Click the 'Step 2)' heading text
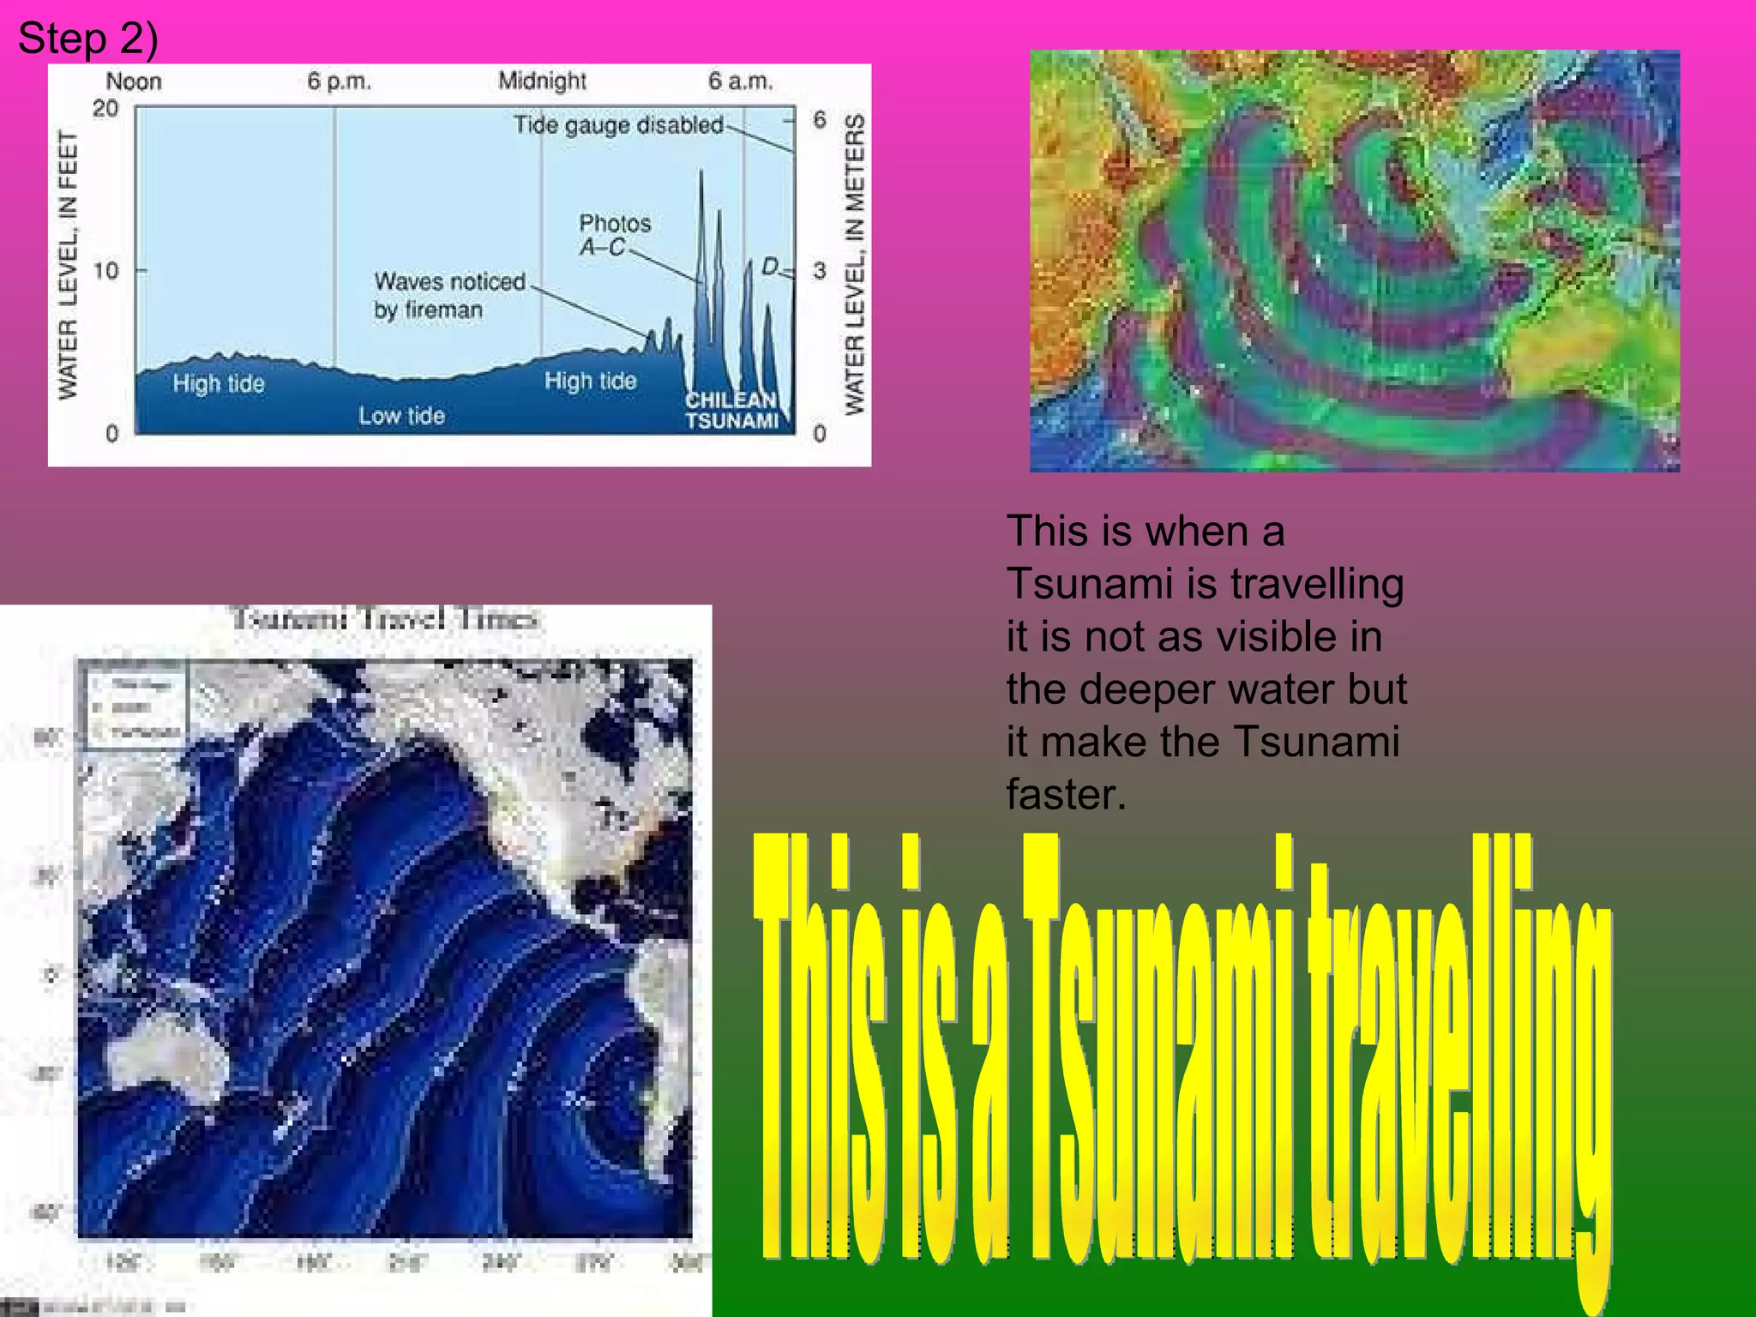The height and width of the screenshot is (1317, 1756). [87, 39]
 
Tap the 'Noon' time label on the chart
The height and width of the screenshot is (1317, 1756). [134, 81]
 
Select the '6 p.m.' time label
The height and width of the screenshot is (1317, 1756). [340, 81]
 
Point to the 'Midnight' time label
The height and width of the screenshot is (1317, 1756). [542, 81]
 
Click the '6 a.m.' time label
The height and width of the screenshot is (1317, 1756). [740, 81]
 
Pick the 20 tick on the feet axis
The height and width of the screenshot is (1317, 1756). [105, 109]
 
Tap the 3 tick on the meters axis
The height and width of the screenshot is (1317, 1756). [820, 271]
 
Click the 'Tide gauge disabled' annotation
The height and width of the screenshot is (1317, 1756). [618, 125]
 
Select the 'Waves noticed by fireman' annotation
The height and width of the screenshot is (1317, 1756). [448, 295]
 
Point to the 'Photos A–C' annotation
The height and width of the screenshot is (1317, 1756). [614, 235]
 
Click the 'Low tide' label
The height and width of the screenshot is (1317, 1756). [401, 416]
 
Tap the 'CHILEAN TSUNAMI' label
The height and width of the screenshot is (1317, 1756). [731, 411]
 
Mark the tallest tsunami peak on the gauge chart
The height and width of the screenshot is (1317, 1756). [701, 174]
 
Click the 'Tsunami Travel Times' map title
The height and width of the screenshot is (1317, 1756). [384, 619]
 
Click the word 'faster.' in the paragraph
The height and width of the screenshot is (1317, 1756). [1066, 794]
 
